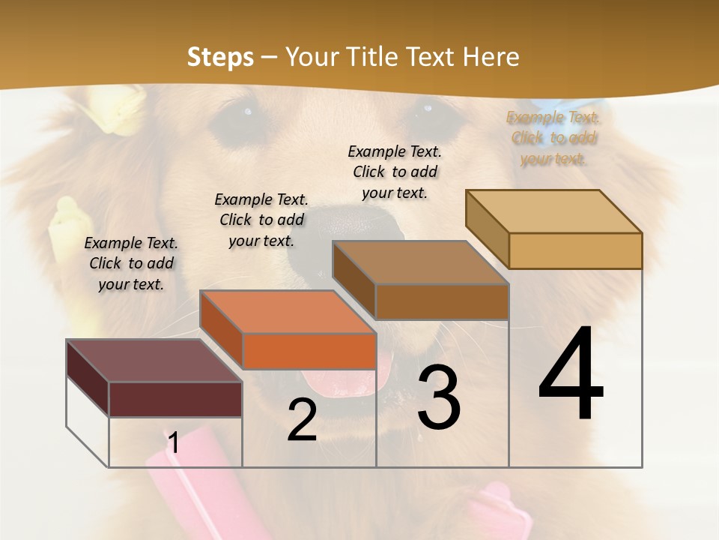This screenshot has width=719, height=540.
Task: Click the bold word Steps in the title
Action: (x=219, y=57)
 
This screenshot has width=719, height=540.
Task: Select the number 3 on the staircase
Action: (x=439, y=397)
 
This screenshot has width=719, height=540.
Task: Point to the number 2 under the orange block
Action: (x=302, y=420)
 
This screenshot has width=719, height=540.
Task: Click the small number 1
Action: (x=173, y=443)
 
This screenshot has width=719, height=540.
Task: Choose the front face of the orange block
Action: (x=309, y=350)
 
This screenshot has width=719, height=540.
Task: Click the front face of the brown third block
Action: (x=442, y=301)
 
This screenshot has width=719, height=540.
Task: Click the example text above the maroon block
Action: (x=131, y=263)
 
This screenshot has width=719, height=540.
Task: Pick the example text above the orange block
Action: (x=261, y=220)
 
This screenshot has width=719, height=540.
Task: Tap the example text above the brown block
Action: (x=395, y=172)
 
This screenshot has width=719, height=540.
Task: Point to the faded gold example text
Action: (x=553, y=138)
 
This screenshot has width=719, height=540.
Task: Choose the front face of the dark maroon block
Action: (x=175, y=399)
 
